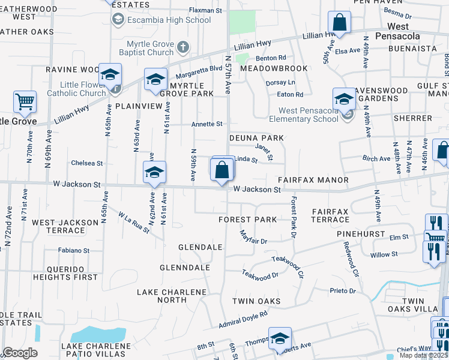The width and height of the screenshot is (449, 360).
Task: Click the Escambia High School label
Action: click(169, 20)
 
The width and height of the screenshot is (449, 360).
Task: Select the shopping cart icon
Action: click(25, 102)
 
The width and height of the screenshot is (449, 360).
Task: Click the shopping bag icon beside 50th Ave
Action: click(339, 23)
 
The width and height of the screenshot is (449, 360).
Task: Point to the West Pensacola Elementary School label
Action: click(308, 115)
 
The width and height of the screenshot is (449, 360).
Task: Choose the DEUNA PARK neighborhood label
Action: click(256, 138)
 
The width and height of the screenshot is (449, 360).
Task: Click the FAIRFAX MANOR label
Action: click(313, 180)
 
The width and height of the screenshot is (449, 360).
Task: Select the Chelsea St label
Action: click(87, 163)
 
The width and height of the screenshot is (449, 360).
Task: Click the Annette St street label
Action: click(206, 124)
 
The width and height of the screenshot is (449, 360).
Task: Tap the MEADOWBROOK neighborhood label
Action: click(274, 68)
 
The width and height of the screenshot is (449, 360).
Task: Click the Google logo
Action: click(20, 353)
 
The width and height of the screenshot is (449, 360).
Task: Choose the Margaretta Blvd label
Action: click(199, 69)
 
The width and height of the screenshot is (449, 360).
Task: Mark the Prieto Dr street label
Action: click(343, 291)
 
